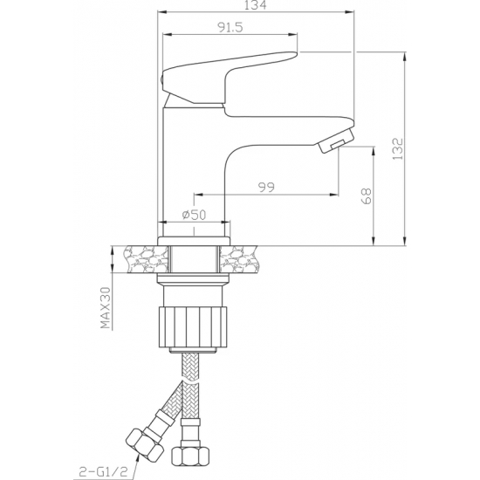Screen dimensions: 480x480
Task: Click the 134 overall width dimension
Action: point(256,5)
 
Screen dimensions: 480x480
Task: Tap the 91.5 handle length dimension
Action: point(230,28)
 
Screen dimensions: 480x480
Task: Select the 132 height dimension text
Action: point(398,148)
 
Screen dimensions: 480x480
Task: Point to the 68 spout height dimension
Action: point(367,195)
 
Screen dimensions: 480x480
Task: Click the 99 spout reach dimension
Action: point(266,187)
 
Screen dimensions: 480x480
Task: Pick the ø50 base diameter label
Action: point(194,215)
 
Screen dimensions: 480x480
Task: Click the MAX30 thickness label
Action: point(106,308)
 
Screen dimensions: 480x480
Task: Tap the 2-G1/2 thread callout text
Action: point(103,471)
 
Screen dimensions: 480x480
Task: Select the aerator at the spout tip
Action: point(337,141)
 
